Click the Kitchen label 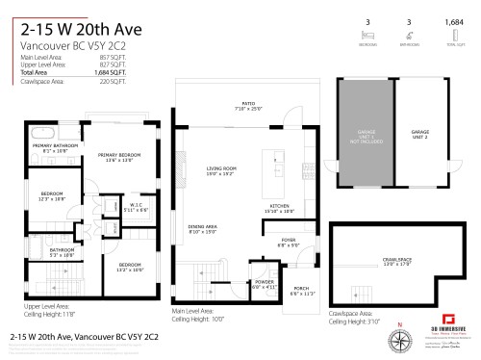pyautogui.click(x=280, y=208)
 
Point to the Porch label pyautogui.click(x=301, y=291)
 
